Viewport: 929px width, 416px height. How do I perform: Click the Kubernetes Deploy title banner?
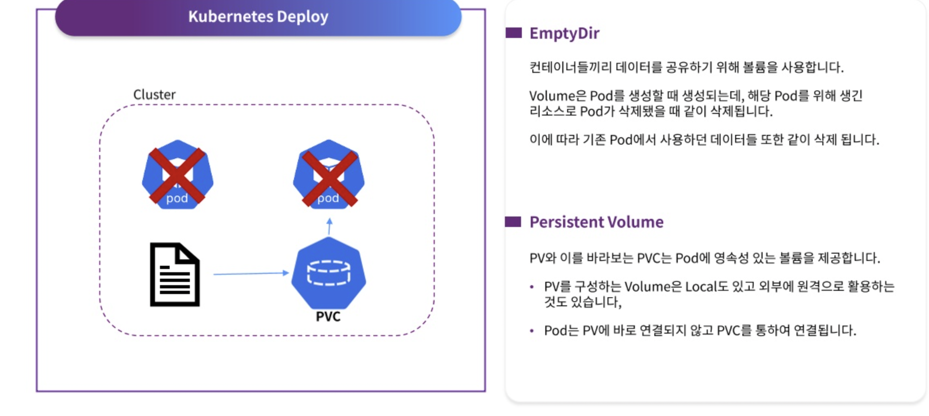click(258, 17)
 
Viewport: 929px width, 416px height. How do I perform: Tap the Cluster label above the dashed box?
click(154, 95)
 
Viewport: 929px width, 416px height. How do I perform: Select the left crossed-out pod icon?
click(177, 174)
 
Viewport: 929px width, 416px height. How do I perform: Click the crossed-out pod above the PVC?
click(329, 174)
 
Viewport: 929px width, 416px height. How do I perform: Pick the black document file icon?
click(175, 275)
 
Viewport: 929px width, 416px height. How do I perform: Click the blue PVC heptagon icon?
click(329, 273)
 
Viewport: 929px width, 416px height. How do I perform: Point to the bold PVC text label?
click(328, 316)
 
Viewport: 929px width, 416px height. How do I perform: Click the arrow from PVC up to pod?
click(330, 227)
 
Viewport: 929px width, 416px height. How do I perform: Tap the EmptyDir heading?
click(564, 34)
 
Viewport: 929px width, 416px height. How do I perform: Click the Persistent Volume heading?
click(597, 222)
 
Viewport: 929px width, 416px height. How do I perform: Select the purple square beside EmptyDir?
click(513, 33)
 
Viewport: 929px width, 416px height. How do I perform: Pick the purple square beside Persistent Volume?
click(513, 222)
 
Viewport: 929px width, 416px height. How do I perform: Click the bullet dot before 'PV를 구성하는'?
click(532, 287)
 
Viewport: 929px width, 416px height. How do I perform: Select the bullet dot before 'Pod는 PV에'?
click(532, 331)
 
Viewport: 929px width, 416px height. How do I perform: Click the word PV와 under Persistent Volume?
click(542, 258)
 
